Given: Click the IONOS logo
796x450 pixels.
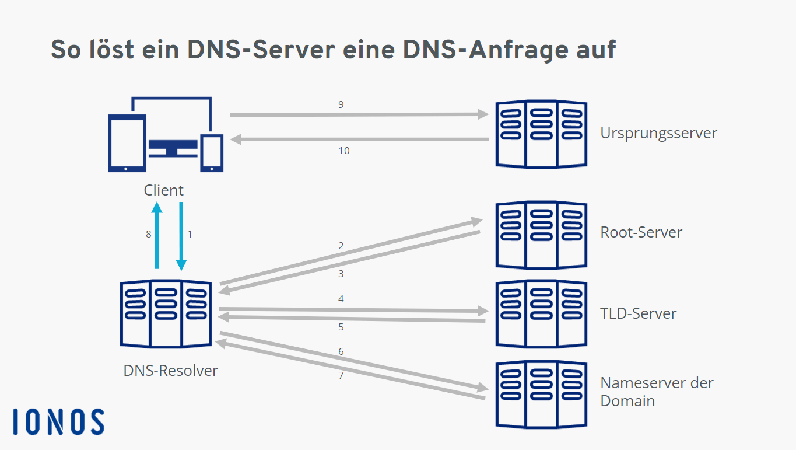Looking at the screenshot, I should tap(58, 421).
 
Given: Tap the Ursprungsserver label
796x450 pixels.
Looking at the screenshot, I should tap(658, 134).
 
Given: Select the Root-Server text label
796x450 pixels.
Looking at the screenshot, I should tap(641, 232).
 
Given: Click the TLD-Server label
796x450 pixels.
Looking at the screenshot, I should tap(638, 313).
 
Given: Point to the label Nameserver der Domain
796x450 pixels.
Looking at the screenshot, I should tap(657, 392).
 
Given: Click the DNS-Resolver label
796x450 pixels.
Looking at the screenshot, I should tap(170, 371).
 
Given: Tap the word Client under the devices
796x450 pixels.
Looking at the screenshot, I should tap(163, 190).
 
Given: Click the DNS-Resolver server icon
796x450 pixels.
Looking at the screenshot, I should tap(166, 313).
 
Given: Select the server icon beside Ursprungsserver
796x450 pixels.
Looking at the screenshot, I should tap(541, 134).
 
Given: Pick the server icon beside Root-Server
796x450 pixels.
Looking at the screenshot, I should tap(541, 235).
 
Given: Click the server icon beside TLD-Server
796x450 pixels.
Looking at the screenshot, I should tap(541, 313).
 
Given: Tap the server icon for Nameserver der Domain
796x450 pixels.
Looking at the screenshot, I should tap(541, 395).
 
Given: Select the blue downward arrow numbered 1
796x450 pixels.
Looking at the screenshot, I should tap(181, 236).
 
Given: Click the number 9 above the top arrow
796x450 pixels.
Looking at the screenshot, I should tap(341, 104).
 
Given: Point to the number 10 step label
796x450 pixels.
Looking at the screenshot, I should tap(344, 151).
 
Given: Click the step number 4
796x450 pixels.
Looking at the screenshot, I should tap(341, 299).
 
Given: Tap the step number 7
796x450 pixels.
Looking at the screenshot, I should tap(341, 375).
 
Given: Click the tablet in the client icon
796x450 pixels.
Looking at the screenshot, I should tap(127, 143).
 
